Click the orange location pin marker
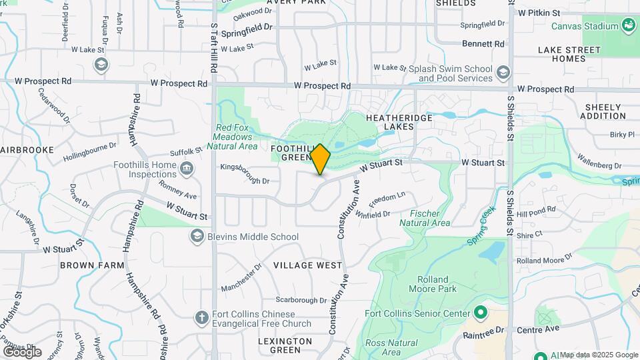[x=321, y=159]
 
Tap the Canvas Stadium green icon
[x=627, y=26]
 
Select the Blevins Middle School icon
[x=197, y=236]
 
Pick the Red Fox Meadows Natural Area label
[x=235, y=137]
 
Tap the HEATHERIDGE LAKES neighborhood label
[x=399, y=123]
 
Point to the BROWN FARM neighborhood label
[x=92, y=265]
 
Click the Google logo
[x=22, y=351]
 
